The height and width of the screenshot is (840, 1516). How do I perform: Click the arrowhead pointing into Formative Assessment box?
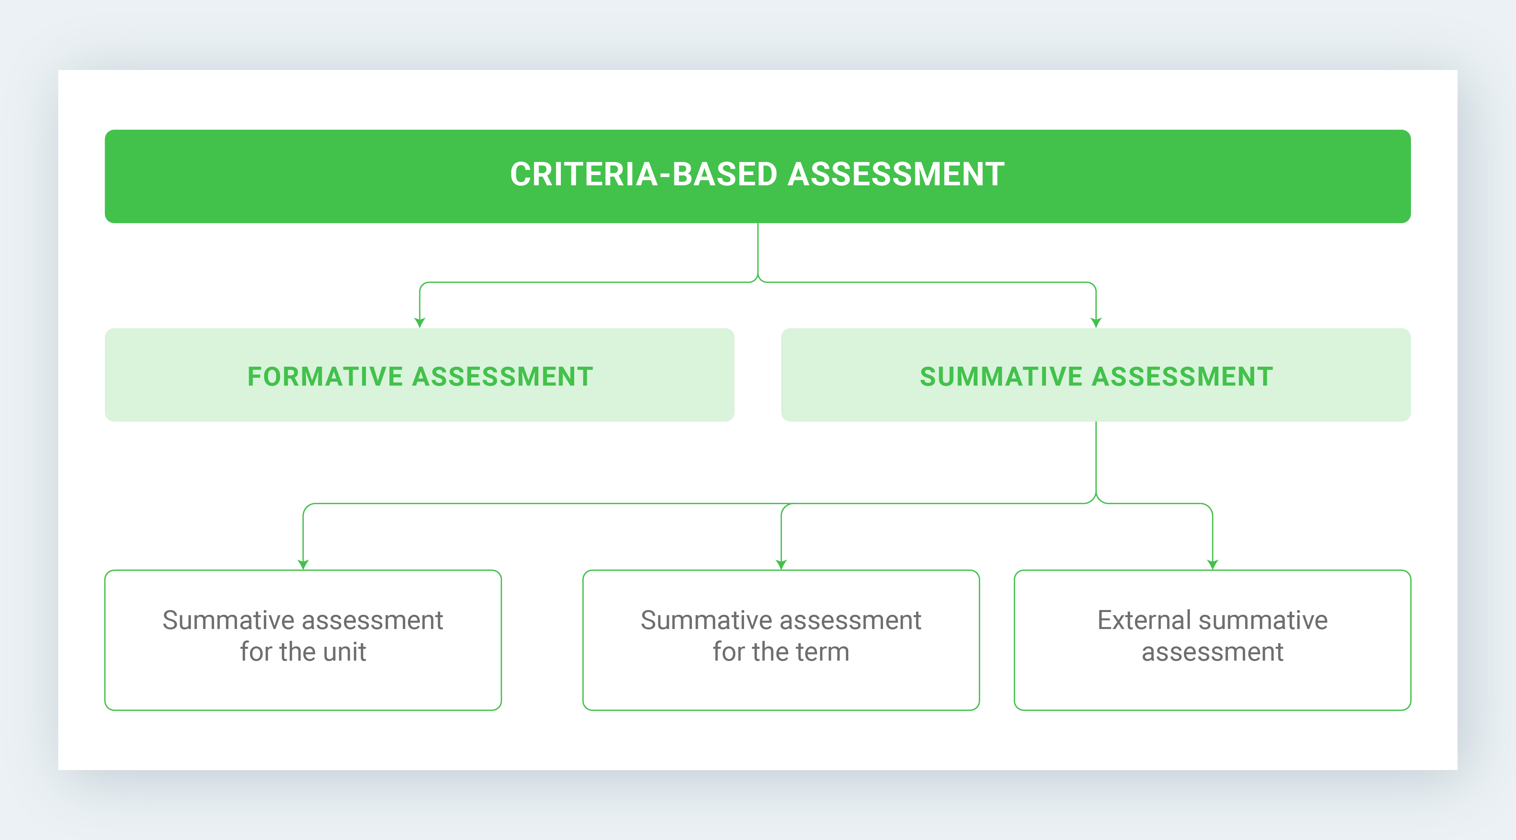click(x=420, y=322)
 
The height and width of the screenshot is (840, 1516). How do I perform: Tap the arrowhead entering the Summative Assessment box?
click(x=1096, y=322)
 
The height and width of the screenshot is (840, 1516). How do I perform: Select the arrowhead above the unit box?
click(x=303, y=565)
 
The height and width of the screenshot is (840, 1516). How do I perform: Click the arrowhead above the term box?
click(x=781, y=565)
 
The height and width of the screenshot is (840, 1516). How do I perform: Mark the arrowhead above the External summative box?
click(x=1212, y=565)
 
